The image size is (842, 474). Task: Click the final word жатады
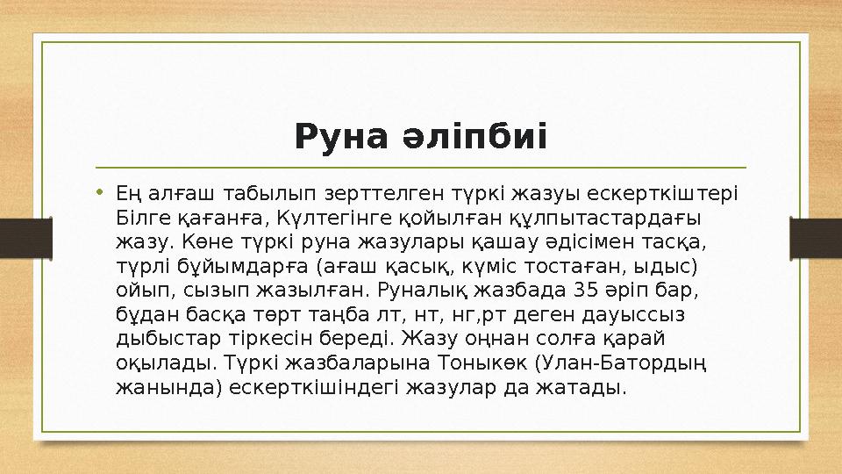[x=587, y=387]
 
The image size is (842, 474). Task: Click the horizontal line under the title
[x=421, y=167]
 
